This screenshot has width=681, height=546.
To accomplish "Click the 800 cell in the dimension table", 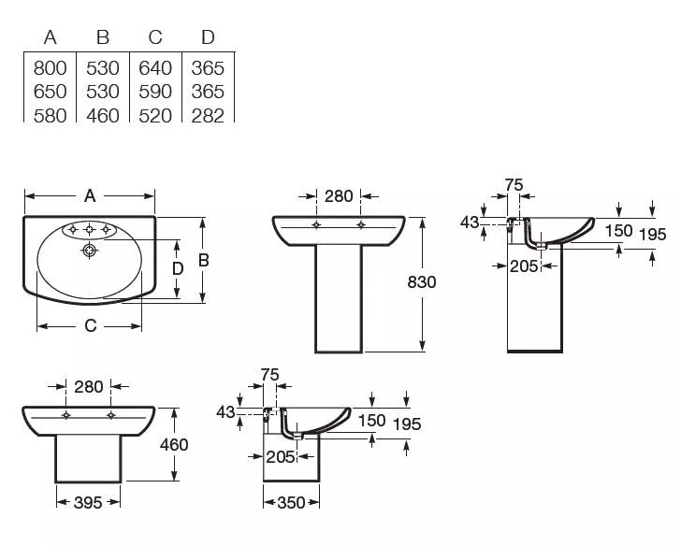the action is tap(50, 68).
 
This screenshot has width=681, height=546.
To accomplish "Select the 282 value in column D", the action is tap(208, 116).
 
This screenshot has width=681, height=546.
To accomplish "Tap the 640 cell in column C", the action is tap(155, 68).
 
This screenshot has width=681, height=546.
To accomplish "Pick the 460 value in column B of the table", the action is tap(103, 116).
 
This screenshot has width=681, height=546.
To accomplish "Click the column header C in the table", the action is tap(155, 37).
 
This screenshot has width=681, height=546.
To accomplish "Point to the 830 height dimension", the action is tap(421, 282).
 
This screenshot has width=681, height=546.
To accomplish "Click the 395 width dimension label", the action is tap(88, 503).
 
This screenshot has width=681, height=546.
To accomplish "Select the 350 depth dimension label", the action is tap(291, 503).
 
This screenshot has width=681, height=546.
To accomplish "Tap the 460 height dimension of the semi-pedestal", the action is tap(174, 444).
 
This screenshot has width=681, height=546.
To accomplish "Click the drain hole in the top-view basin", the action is tap(89, 251).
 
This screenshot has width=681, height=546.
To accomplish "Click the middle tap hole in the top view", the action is tap(89, 230).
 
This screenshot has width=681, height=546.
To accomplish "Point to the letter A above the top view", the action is tap(90, 196).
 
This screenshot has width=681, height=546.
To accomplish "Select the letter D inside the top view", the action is tap(177, 269).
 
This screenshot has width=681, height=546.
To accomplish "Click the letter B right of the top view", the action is tap(203, 261).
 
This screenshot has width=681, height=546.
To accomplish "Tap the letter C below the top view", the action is tap(90, 325).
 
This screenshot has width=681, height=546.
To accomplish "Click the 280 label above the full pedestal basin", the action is tap(339, 196).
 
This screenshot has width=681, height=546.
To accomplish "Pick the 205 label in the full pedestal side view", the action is tap(524, 266).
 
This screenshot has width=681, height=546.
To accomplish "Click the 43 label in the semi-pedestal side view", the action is tap(225, 412).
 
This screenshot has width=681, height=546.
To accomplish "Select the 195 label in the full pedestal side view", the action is tap(652, 235).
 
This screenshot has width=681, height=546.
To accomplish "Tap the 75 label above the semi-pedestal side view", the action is tap(269, 375).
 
